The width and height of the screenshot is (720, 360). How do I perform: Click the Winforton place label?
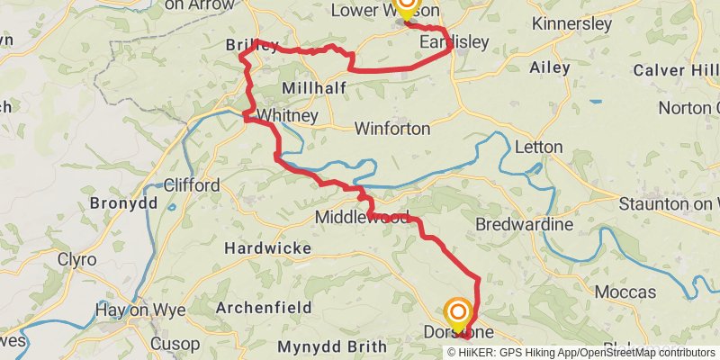click(x=391, y=129)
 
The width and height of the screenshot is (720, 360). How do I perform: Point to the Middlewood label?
click(x=362, y=218)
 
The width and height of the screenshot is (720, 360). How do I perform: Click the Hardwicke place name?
click(x=267, y=247)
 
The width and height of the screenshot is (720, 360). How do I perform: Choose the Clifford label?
click(x=192, y=184)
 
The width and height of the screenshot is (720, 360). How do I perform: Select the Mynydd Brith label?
click(x=332, y=346)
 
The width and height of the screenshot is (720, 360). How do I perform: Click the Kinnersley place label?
click(x=572, y=24)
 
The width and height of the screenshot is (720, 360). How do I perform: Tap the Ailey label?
click(x=551, y=68)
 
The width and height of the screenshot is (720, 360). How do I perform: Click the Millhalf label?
click(x=308, y=88)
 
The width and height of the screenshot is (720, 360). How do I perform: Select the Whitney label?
click(x=287, y=116)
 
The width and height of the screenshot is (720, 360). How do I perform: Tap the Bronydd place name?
click(x=124, y=203)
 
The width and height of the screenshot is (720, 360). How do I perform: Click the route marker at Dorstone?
click(x=457, y=315)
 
